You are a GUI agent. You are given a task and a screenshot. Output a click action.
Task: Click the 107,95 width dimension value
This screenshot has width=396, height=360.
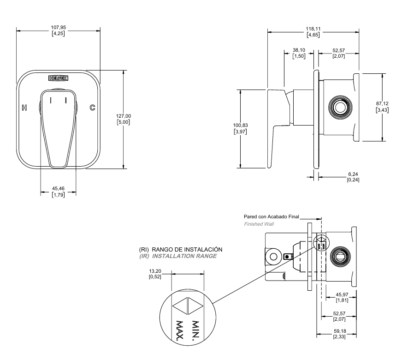tap(59, 27)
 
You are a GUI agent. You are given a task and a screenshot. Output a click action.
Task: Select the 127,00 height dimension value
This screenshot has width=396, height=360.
tap(124, 115)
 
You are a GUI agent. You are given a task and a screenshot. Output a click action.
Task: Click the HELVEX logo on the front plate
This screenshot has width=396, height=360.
tap(58, 79)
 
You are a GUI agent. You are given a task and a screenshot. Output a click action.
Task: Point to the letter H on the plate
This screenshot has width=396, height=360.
tap(24, 108)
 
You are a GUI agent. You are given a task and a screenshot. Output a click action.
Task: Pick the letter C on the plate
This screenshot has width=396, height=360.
tap(92, 108)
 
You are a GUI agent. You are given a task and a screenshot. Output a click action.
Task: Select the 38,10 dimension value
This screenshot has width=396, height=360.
tap(299, 50)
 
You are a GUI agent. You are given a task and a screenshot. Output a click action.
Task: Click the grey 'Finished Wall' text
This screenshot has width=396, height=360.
tap(259, 223)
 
